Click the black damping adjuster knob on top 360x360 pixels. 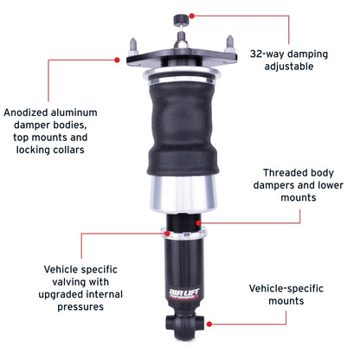[x=181, y=17]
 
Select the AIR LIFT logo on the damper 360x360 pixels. [x=179, y=294]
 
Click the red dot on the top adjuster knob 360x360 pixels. [x=191, y=14]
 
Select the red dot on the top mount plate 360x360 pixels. [x=117, y=60]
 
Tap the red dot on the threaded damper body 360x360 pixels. [x=200, y=222]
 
